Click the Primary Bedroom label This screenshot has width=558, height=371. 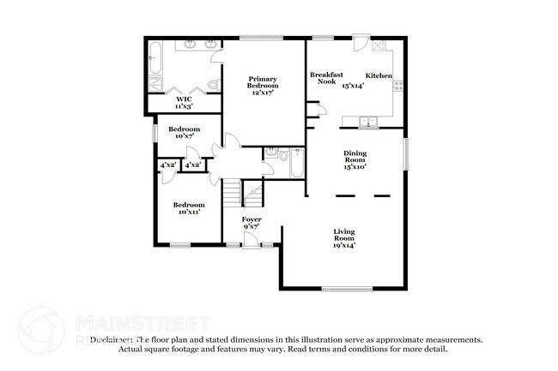(x=264, y=81)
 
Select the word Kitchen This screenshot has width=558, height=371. (x=379, y=76)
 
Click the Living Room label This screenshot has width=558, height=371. (x=344, y=235)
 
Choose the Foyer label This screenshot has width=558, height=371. (x=251, y=219)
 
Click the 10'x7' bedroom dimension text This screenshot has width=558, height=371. (x=185, y=136)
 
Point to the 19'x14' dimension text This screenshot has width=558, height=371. (x=344, y=245)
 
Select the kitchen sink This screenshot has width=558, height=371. (x=368, y=121)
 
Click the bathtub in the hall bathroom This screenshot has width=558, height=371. (x=296, y=163)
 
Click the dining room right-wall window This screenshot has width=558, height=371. (x=406, y=154)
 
